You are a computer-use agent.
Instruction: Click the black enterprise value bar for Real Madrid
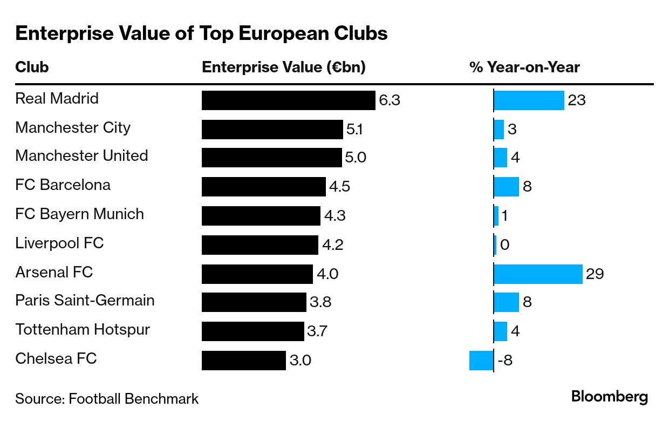click(x=288, y=100)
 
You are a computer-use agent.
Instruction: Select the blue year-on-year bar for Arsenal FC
click(x=538, y=274)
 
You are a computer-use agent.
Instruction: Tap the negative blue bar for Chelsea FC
click(x=481, y=360)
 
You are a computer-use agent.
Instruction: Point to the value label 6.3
click(x=390, y=100)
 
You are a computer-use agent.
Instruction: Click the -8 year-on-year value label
click(x=504, y=360)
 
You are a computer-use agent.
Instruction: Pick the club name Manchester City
click(x=73, y=127)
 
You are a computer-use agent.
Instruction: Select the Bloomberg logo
click(x=610, y=397)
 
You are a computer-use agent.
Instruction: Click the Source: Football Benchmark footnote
click(x=107, y=399)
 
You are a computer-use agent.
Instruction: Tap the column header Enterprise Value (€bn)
click(x=284, y=67)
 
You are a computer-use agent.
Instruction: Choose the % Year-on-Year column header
click(x=524, y=67)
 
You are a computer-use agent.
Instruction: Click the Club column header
click(x=32, y=67)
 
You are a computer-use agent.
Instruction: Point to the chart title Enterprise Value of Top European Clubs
click(x=201, y=33)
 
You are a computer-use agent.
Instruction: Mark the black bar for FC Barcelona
click(x=263, y=187)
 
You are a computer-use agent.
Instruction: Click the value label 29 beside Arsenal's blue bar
click(x=595, y=274)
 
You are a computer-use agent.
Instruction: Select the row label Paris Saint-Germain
click(x=85, y=300)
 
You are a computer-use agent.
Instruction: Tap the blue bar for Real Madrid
click(x=529, y=100)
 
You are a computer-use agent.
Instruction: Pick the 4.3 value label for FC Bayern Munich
click(x=334, y=216)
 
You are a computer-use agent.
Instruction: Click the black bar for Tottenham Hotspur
click(x=252, y=331)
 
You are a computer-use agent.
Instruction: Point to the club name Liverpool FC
click(x=59, y=243)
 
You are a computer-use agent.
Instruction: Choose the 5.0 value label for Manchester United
click(x=356, y=158)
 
